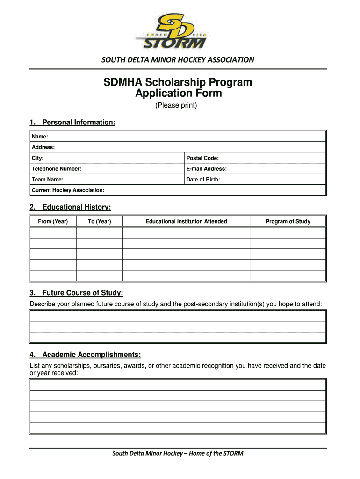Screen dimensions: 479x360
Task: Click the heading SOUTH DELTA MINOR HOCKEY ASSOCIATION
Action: point(178,60)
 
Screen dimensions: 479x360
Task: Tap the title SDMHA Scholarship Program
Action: point(178,83)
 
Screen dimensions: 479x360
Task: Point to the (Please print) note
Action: point(177,106)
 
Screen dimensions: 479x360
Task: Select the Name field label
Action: point(40,137)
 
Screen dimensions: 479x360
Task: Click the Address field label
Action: point(43,147)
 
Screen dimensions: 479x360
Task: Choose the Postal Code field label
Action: point(202,158)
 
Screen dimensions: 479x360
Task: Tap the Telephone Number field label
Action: point(57,169)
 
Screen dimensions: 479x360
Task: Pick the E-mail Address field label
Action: point(206,169)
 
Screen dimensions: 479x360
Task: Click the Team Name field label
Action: point(47,180)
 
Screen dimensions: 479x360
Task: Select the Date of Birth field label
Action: point(203,180)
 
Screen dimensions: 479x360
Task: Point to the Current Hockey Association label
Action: point(68,190)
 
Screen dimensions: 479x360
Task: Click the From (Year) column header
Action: point(53,221)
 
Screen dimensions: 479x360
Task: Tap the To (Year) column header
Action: point(100,221)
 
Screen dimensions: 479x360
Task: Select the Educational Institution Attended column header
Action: point(186,221)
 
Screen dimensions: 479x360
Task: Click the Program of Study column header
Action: point(288,221)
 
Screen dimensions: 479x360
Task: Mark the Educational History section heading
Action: point(76,207)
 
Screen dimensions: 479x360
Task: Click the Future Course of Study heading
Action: point(82,293)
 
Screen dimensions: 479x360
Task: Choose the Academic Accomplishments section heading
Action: point(91,354)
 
